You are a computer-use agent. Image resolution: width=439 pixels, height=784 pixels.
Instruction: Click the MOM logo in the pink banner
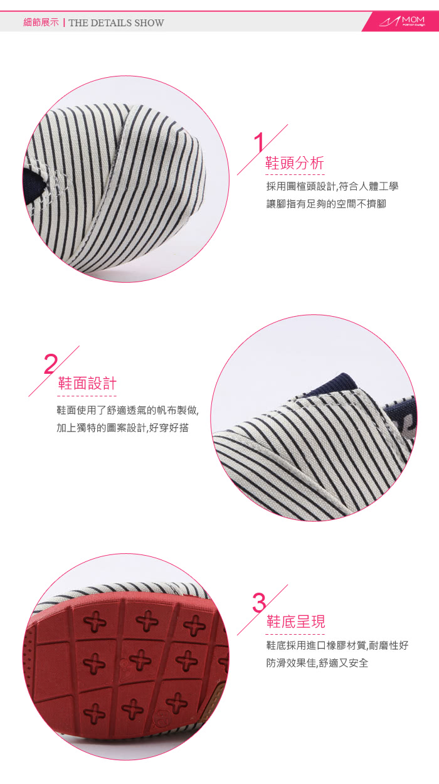[402, 22]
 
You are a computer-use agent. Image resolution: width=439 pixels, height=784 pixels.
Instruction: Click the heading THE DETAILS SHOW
[116, 23]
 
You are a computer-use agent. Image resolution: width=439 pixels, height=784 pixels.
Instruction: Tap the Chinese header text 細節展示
[41, 23]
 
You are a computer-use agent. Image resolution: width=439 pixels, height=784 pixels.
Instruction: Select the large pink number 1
[259, 142]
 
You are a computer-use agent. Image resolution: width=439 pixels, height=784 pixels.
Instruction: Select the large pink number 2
[51, 364]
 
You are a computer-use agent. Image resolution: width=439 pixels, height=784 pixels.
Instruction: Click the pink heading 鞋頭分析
[295, 163]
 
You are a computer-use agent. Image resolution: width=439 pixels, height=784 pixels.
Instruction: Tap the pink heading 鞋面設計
[87, 384]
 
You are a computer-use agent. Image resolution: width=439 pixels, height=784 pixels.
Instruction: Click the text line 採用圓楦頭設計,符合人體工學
[332, 186]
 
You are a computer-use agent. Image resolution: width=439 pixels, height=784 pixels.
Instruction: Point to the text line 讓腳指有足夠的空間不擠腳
[326, 204]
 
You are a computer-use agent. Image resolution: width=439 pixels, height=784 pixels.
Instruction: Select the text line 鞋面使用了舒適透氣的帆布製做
[128, 410]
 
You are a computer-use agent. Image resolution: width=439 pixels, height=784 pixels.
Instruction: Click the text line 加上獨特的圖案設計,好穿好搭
[123, 428]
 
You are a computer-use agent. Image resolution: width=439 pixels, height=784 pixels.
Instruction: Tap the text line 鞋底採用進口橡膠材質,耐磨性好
[337, 645]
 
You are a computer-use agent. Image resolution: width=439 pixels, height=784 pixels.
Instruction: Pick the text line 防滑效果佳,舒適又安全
[317, 663]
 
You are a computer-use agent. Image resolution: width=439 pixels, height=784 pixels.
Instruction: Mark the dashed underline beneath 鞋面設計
[87, 396]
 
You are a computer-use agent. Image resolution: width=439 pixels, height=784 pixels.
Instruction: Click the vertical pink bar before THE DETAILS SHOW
[64, 23]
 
